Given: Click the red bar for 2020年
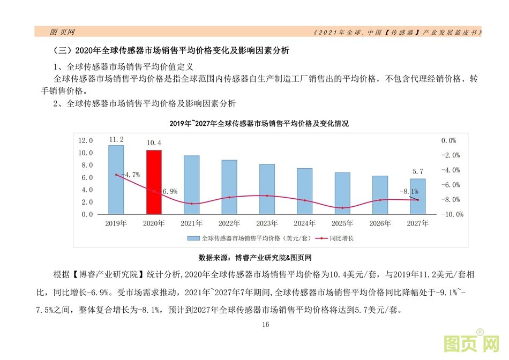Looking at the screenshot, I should coord(154,182).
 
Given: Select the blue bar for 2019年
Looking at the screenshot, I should coord(116,179).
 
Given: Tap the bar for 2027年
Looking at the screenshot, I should coord(418,196).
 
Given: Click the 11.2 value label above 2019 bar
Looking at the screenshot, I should coord(116,140).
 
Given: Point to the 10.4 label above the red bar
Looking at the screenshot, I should coord(154,143).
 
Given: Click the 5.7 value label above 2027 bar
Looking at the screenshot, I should coord(418,171).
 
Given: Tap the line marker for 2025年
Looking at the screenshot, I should coord(342,208).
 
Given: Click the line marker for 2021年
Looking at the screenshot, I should coord(192,204).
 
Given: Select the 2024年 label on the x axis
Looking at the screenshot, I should coord(305,223).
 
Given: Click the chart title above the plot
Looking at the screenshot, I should coord(259,124).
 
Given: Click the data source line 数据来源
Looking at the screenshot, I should coord(254,258).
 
